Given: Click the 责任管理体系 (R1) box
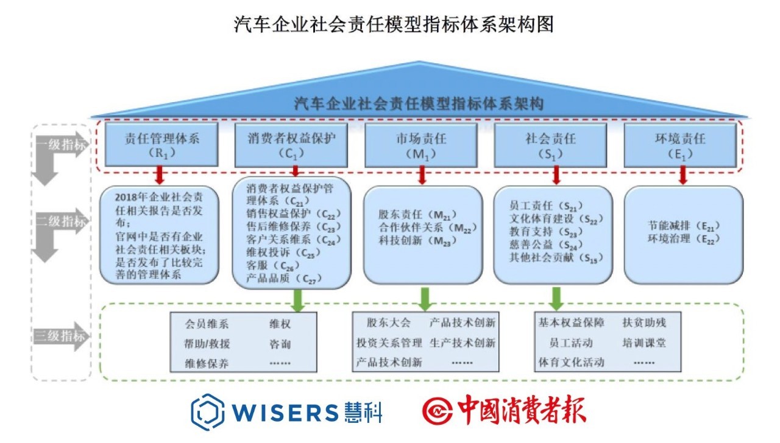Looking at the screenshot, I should point(161,145).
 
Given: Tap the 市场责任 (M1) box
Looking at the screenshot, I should point(421,145).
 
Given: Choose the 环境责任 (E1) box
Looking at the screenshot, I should point(680,145).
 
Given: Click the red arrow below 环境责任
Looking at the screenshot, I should point(683,175).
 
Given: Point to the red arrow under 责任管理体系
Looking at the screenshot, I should point(160,175).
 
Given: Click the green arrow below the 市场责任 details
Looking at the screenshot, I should point(425,298).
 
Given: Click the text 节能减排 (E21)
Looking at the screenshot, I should point(683,226).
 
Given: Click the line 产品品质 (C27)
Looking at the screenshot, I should point(286,279).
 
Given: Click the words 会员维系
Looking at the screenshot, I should point(208,324).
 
